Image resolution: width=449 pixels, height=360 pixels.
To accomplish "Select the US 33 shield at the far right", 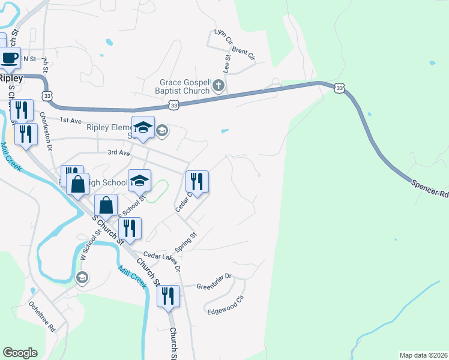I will coord(340,88).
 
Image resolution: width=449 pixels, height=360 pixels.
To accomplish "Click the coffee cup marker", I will coord(10,58).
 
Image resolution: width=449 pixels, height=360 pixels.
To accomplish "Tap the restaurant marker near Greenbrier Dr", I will coord(168,296).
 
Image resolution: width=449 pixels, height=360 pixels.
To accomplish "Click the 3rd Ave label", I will coord(119,153).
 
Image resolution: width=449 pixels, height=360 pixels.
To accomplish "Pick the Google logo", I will coord(20,353).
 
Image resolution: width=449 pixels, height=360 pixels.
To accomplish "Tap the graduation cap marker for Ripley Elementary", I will coord(143,128).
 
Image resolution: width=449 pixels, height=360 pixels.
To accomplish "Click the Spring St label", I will coord(185,242).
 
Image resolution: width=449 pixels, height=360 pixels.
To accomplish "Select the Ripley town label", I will coord(11,78).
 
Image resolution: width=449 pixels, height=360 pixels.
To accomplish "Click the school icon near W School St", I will coord(82,277).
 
